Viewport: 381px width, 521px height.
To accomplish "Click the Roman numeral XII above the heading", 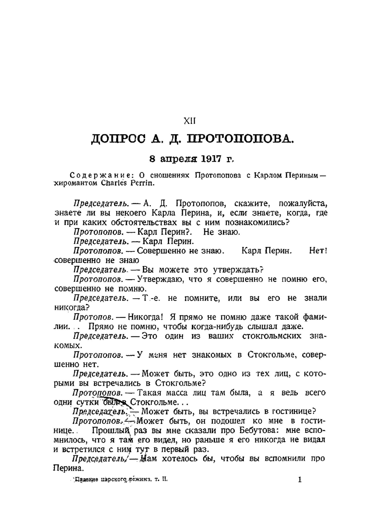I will [x=190, y=121].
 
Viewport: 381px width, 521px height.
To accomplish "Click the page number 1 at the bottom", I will [x=300, y=479].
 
